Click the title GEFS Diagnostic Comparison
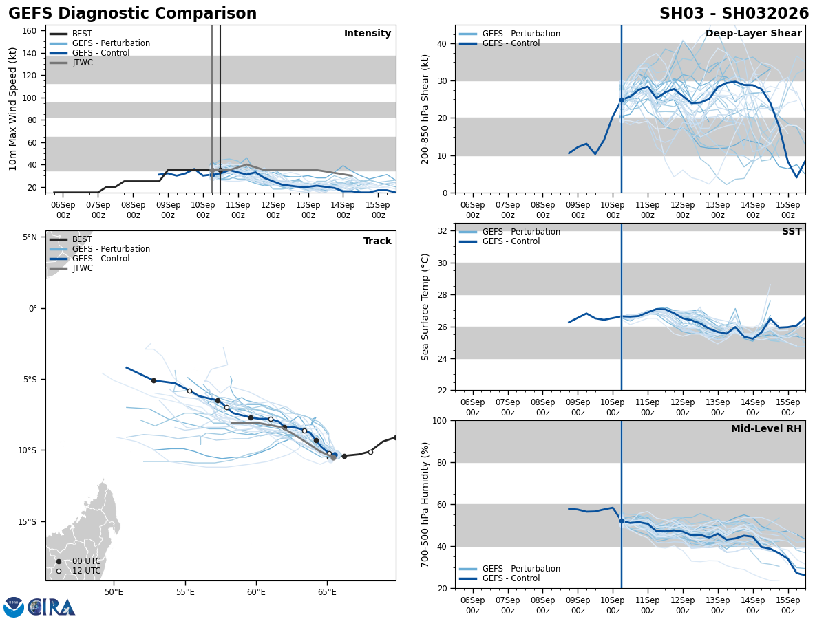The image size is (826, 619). [132, 14]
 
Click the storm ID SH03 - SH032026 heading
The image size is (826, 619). [734, 14]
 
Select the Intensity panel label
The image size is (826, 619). [368, 34]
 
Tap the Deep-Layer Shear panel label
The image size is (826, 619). [753, 34]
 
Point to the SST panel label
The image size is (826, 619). [792, 232]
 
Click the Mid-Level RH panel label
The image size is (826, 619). [766, 429]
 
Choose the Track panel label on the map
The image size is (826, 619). [377, 241]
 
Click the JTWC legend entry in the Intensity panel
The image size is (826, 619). [82, 63]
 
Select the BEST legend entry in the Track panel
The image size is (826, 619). [82, 239]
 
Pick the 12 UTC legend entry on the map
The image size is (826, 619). [85, 571]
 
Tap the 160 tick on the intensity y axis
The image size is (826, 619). [30, 31]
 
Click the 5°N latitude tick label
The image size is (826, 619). [30, 237]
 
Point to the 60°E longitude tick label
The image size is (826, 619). [256, 591]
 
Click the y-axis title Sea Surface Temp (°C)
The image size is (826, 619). [425, 307]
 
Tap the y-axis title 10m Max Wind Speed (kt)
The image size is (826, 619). [13, 109]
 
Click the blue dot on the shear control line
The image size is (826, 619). [622, 100]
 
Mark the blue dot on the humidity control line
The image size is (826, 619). [622, 521]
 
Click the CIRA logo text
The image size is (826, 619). [52, 607]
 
